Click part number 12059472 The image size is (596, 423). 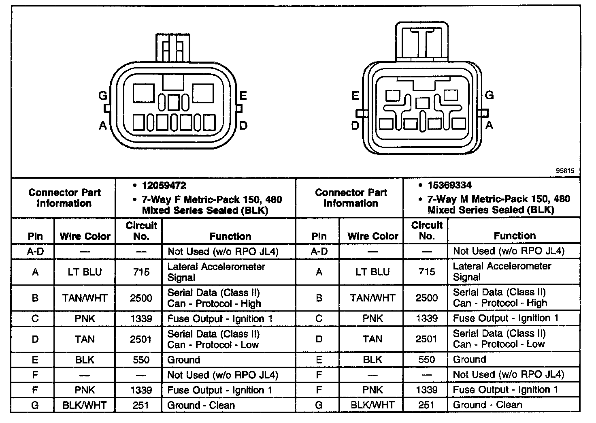(x=164, y=186)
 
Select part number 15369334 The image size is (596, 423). (x=449, y=186)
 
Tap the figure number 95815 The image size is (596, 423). (x=564, y=171)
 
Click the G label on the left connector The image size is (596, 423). (x=103, y=96)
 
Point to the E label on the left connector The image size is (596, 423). (x=243, y=96)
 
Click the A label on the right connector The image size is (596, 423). (x=489, y=126)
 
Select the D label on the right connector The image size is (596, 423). (x=355, y=126)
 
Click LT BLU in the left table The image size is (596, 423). (x=85, y=272)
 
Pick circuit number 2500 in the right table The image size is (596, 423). (x=427, y=298)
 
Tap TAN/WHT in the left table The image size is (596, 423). (x=85, y=298)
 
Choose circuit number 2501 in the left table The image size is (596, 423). (x=141, y=339)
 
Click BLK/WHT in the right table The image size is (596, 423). (x=372, y=404)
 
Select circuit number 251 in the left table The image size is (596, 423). (x=141, y=405)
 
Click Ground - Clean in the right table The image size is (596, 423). (x=487, y=404)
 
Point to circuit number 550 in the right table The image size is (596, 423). (x=427, y=359)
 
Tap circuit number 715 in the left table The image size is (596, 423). (x=141, y=272)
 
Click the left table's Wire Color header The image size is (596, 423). (x=85, y=236)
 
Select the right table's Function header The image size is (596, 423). (x=515, y=236)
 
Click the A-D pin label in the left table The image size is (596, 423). (x=35, y=252)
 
